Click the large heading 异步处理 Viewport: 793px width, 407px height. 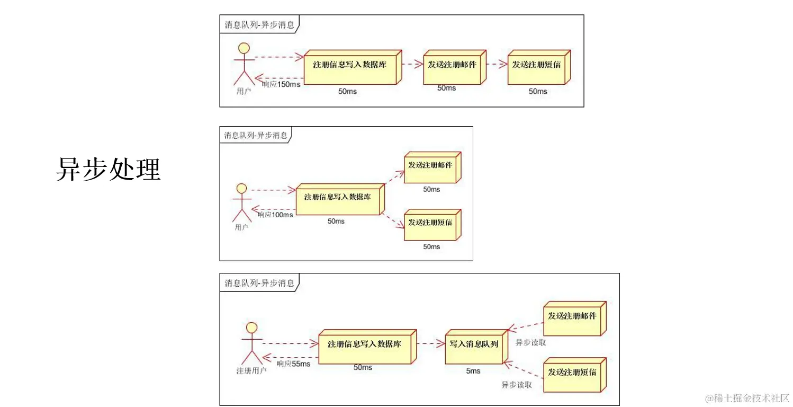point(108,170)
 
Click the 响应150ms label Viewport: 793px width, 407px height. point(281,84)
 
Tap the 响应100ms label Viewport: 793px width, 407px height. point(275,215)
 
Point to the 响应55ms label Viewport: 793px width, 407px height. point(293,364)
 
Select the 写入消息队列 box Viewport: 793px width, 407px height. point(474,344)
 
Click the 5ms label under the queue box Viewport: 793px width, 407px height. point(473,371)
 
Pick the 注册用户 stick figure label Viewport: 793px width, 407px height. point(251,370)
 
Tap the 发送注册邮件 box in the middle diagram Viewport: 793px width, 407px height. point(430,165)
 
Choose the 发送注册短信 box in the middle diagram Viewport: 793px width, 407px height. point(430,223)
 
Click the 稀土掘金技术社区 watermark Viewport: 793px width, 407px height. point(747,398)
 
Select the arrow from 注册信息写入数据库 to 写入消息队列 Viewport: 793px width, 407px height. point(431,344)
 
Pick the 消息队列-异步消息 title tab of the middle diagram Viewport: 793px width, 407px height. point(256,135)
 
